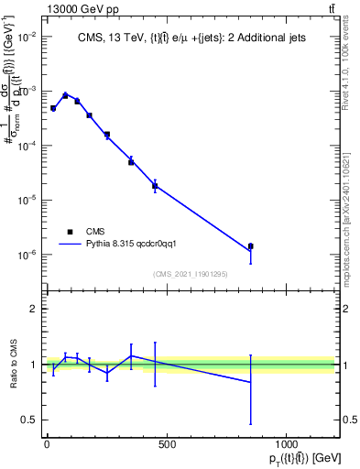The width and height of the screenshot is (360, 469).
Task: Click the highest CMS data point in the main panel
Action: pyautogui.click(x=65, y=94)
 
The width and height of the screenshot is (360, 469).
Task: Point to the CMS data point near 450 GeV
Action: pyautogui.click(x=155, y=186)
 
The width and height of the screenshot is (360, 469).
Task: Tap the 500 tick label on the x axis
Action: pyautogui.click(x=166, y=445)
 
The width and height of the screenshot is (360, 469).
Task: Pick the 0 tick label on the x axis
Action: pyautogui.click(x=46, y=445)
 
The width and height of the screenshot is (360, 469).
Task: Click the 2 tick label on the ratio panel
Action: pyautogui.click(x=33, y=309)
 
